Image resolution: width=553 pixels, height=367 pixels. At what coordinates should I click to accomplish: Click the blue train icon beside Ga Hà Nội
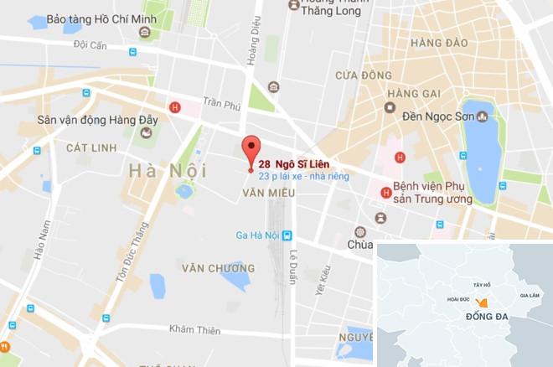(287, 235)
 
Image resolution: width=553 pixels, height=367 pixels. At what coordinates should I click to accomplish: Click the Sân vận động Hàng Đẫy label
(97, 120)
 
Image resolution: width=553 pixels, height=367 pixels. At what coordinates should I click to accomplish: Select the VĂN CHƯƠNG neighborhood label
(218, 268)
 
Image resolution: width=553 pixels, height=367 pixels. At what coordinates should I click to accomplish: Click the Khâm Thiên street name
(194, 329)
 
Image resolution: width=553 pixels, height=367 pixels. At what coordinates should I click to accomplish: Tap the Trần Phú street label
(221, 104)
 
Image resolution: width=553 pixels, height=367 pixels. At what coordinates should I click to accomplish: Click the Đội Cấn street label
(90, 44)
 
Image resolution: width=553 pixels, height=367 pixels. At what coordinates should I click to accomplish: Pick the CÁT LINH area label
(90, 147)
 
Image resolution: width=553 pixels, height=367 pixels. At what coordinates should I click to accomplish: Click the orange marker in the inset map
(482, 302)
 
